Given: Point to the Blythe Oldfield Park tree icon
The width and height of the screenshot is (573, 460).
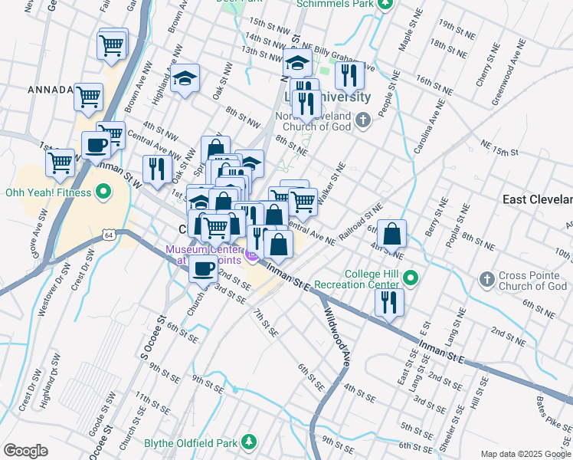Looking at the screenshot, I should tap(248, 442).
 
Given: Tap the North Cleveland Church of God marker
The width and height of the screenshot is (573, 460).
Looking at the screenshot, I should tap(364, 120).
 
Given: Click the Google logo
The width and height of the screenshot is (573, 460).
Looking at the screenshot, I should tap(25, 451).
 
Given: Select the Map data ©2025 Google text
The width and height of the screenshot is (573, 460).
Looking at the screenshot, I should tap(526, 454).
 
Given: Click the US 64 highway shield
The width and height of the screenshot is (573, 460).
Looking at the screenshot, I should tap(111, 235).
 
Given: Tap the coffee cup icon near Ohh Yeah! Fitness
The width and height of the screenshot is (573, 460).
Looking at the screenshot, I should tap(96, 145).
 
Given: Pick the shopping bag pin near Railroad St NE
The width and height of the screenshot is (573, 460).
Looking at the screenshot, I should tap(391, 234).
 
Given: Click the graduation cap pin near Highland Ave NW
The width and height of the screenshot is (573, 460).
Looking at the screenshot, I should tap(185, 79).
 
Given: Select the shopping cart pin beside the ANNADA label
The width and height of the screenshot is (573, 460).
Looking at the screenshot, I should tap(89, 97).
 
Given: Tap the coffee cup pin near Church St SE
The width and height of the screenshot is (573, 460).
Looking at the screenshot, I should tap(203, 268).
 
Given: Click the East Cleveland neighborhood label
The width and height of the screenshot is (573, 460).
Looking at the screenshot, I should tap(536, 199).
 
